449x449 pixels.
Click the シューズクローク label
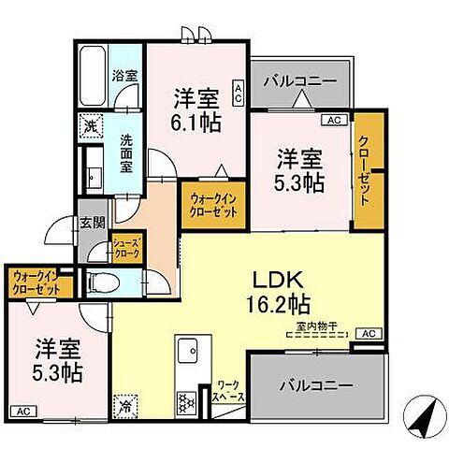(x=125, y=247)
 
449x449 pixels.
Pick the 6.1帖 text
(x=196, y=123)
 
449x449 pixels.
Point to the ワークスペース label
(x=229, y=390)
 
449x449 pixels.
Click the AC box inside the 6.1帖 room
(x=239, y=91)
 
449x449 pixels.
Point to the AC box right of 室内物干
(x=370, y=333)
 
